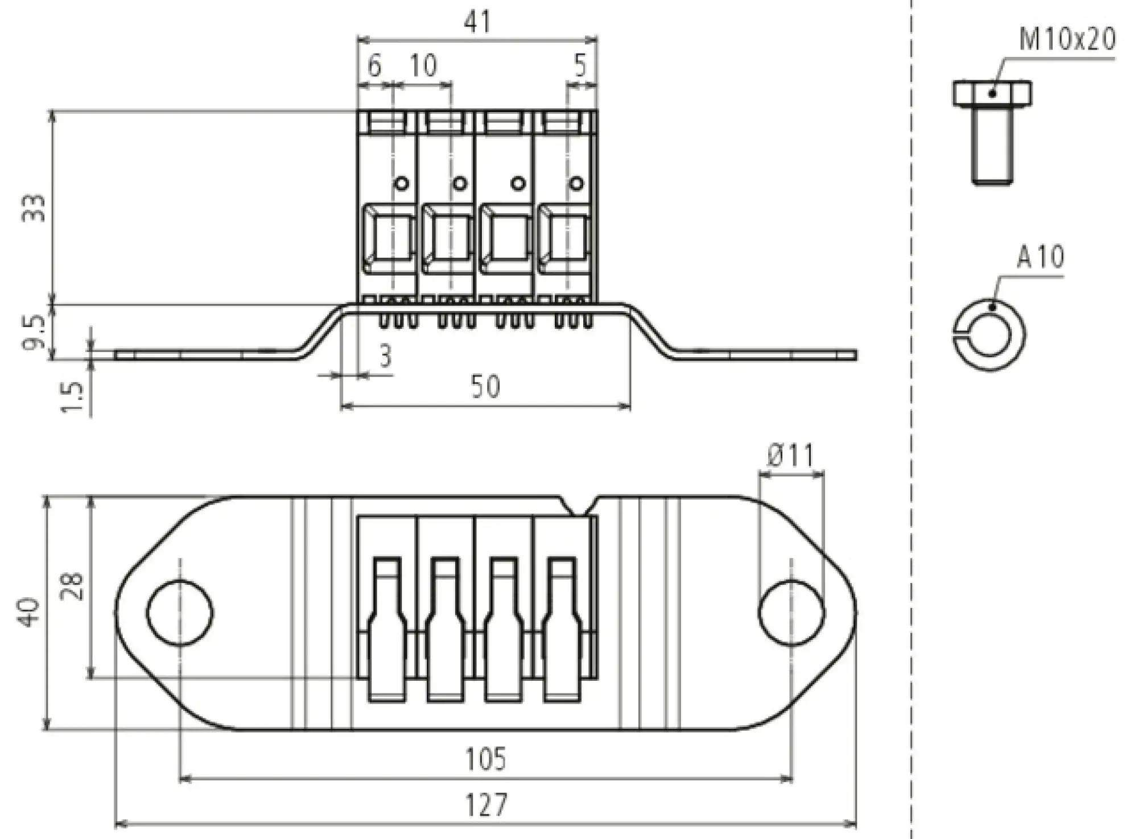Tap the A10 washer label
(1040, 257)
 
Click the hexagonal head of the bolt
(992, 94)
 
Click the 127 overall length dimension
(486, 805)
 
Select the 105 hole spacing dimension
(485, 759)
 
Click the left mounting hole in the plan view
(180, 613)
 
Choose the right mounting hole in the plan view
(791, 613)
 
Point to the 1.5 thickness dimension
(73, 397)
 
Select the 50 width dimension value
(485, 387)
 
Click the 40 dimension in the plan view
(30, 613)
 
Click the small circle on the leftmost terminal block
(401, 183)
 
